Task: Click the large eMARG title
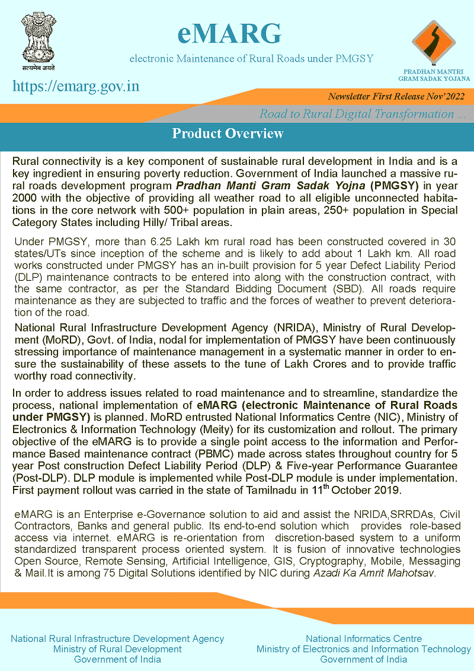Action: tap(229, 34)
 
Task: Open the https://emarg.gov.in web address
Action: tap(76, 86)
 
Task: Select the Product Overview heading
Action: tap(228, 133)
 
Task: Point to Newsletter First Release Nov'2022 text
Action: tap(396, 96)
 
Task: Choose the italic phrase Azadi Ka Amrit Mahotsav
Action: tap(373, 573)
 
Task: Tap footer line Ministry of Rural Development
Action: tap(117, 649)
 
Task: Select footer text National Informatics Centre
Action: tap(364, 638)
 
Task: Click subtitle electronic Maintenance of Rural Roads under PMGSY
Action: tap(251, 59)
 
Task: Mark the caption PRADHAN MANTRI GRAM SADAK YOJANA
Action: tap(434, 75)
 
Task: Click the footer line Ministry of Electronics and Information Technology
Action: tap(364, 649)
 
